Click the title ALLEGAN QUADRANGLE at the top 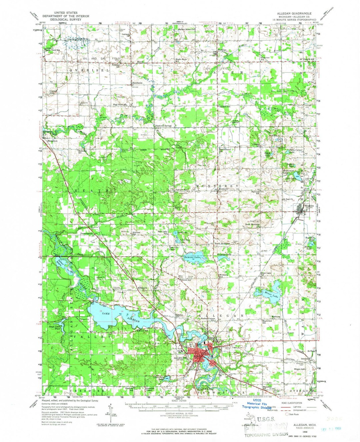pyautogui.click(x=294, y=13)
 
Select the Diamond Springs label pyautogui.click(x=163, y=126)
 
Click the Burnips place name pyautogui.click(x=222, y=50)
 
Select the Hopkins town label pyautogui.click(x=309, y=206)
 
